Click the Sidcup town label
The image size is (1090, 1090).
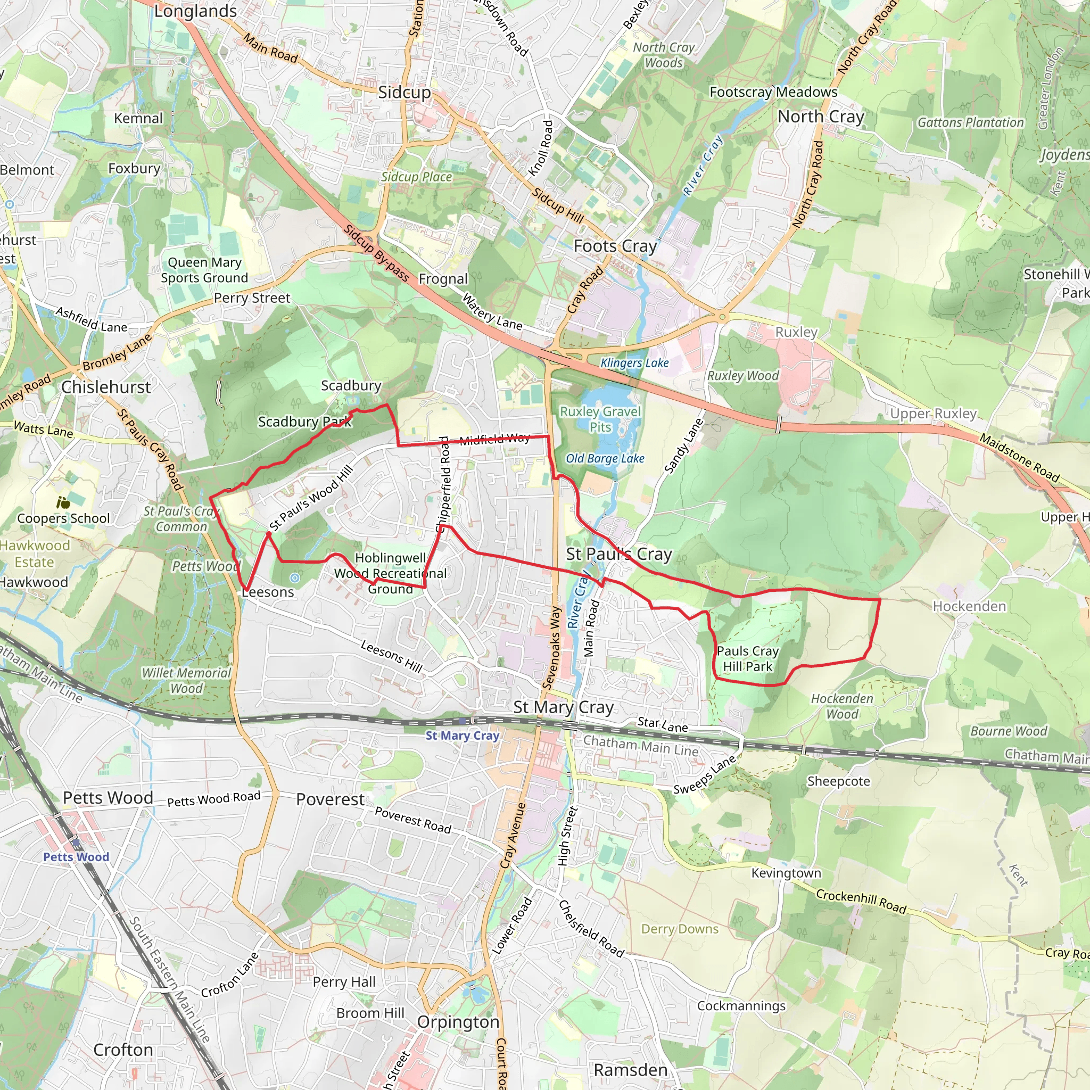404,92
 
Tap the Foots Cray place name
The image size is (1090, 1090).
615,246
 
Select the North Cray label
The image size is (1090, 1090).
820,117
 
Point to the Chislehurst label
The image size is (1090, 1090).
106,387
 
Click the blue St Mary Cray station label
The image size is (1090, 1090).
462,735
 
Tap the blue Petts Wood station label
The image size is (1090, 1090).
76,856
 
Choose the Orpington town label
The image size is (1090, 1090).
458,1022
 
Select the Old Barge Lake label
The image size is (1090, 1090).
605,458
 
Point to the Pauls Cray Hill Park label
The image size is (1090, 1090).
748,658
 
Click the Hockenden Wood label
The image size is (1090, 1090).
842,706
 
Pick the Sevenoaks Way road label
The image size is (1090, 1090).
551,648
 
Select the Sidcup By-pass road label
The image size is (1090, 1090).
376,253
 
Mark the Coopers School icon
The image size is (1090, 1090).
63,502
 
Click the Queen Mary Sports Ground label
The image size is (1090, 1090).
204,270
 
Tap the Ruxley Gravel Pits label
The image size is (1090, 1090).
600,419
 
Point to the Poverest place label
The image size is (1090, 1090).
330,799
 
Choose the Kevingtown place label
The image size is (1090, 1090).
786,873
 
